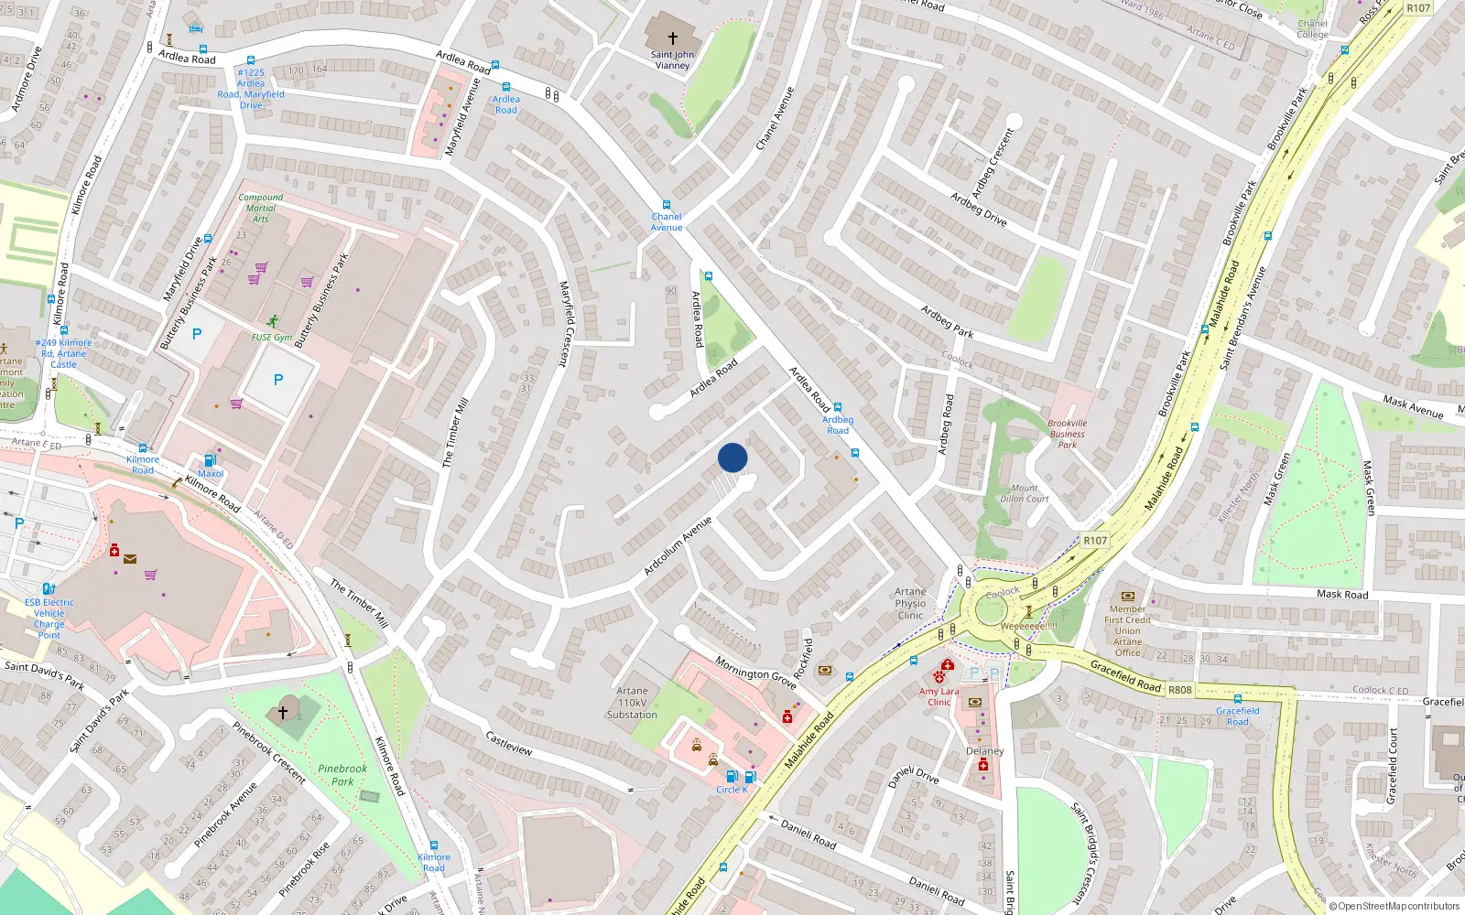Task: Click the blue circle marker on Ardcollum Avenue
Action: (732, 457)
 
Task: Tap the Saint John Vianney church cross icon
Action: (673, 38)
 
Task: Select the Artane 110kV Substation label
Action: (632, 703)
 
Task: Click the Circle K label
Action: (732, 790)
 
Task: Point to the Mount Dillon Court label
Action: (1025, 493)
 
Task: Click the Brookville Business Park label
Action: (1068, 434)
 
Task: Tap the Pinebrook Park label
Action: (342, 775)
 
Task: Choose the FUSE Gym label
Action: (272, 337)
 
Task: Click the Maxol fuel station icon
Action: (211, 460)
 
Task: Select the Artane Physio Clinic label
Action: (910, 603)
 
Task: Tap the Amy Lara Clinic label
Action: (939, 696)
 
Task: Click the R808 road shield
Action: (1180, 690)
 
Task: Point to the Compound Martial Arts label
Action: (261, 208)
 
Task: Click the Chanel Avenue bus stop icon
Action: (667, 206)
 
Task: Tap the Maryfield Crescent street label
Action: (565, 324)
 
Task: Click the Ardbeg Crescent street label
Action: (993, 164)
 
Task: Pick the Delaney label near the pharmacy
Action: (985, 751)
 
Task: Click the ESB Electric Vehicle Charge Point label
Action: (49, 619)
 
